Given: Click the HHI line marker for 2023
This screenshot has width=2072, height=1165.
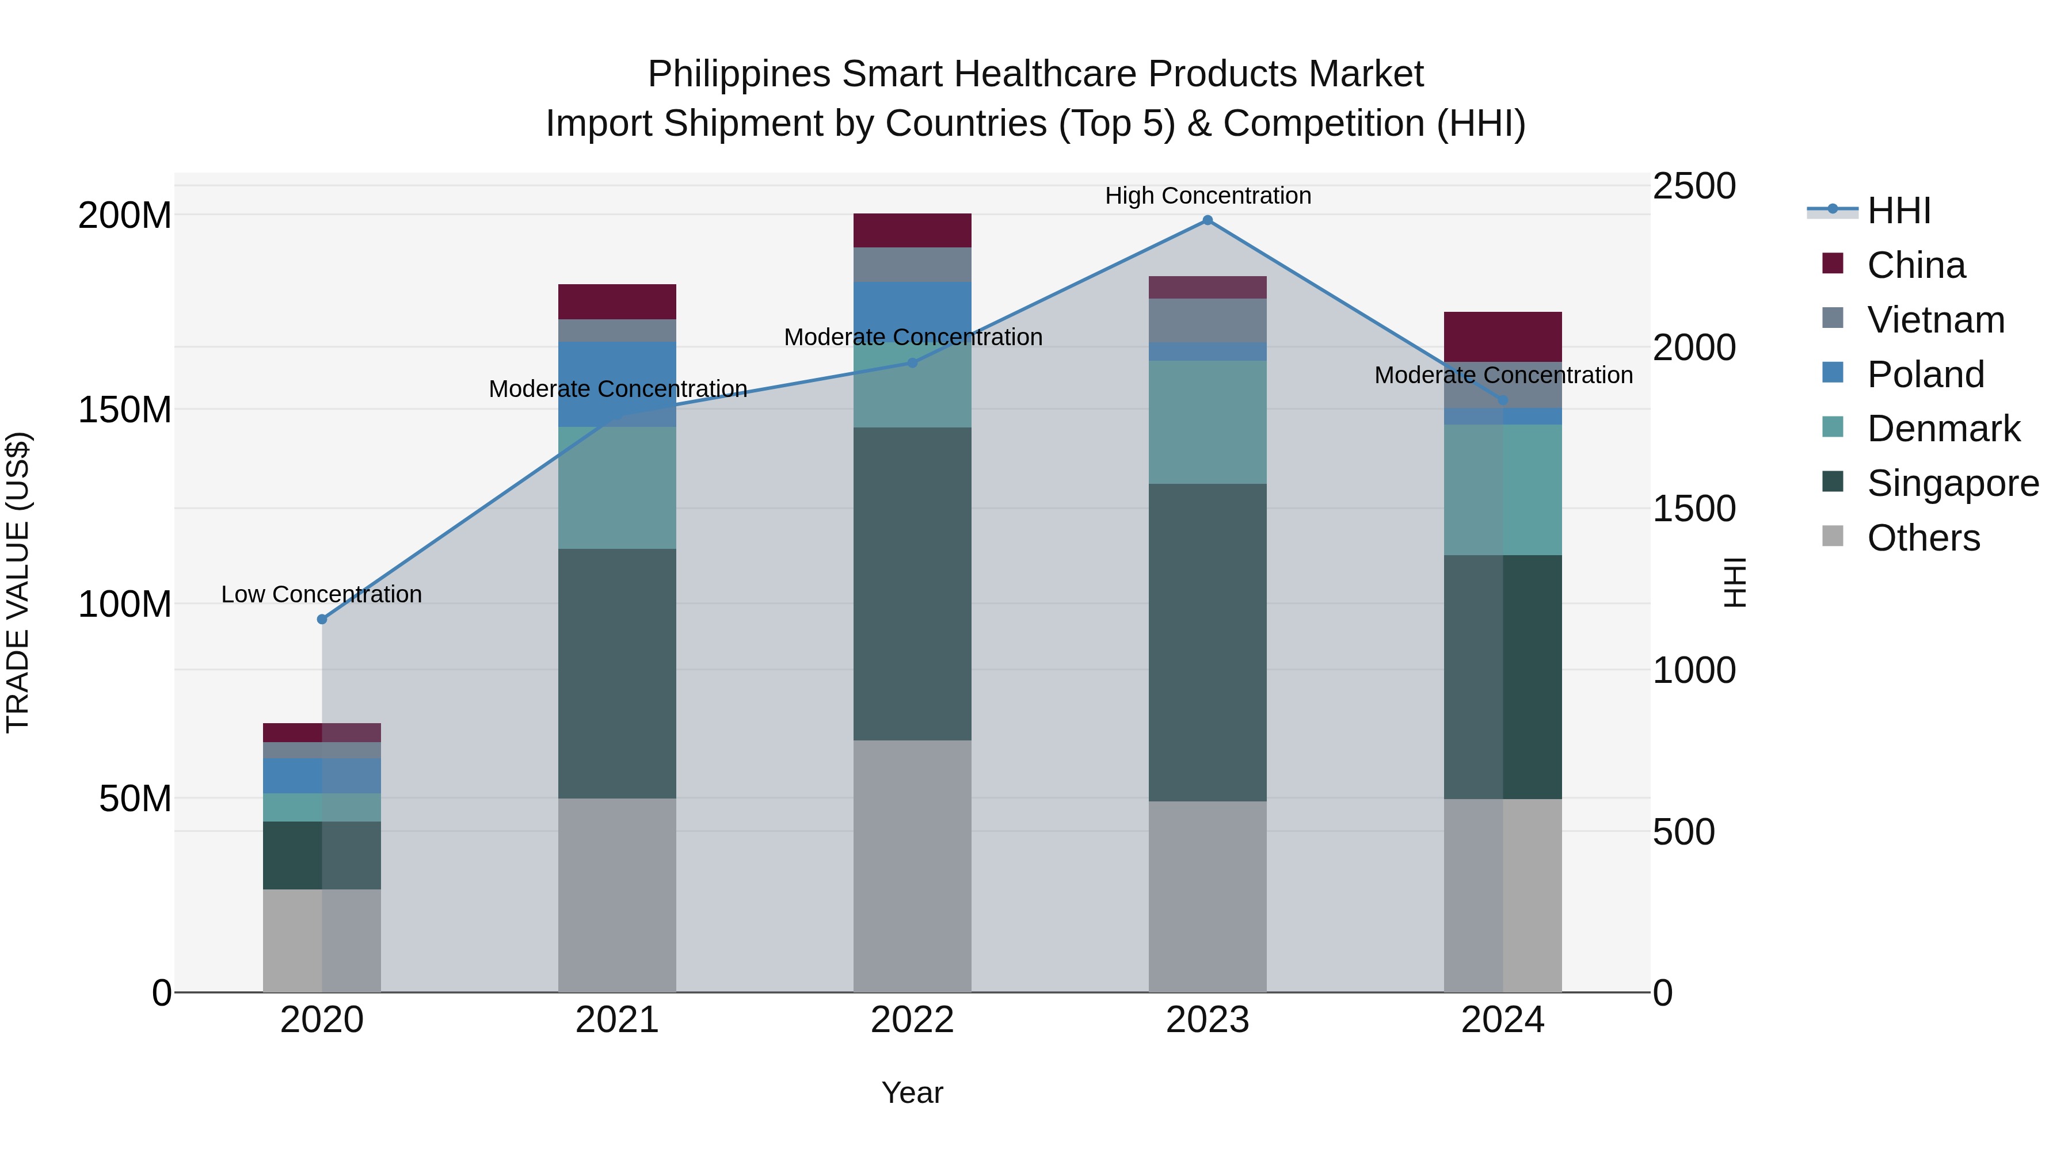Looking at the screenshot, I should [1208, 220].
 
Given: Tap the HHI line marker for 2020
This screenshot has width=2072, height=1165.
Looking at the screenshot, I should [322, 619].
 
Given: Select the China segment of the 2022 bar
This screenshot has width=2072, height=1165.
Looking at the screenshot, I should [912, 231].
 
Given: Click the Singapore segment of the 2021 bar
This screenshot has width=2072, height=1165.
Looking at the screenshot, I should [617, 674].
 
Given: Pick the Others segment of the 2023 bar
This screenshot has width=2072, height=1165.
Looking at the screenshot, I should [1208, 896].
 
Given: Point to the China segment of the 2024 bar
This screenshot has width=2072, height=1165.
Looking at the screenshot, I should [1503, 337].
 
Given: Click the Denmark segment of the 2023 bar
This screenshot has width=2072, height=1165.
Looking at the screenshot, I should [1208, 422].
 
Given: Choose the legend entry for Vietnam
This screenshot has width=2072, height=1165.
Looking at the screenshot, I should [1935, 320].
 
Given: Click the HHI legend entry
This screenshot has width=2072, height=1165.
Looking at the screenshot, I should [1898, 211].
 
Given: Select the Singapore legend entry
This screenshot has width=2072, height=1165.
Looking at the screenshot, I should [1952, 483].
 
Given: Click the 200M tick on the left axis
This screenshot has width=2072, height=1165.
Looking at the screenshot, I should [125, 216].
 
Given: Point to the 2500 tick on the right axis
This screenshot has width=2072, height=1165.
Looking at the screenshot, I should [1694, 186].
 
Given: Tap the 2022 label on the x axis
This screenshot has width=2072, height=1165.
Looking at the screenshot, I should [912, 1020].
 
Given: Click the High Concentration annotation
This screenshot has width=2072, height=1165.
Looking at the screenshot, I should [1208, 196].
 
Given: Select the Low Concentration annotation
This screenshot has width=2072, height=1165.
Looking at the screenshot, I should [322, 594].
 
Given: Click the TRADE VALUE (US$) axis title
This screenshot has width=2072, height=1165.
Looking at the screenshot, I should [18, 582].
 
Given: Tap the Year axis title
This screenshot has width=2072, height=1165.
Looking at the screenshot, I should [912, 1093].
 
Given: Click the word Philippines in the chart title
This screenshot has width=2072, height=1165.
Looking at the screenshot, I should [738, 74].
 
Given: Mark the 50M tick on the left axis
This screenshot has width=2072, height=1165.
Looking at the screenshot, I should [135, 799].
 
